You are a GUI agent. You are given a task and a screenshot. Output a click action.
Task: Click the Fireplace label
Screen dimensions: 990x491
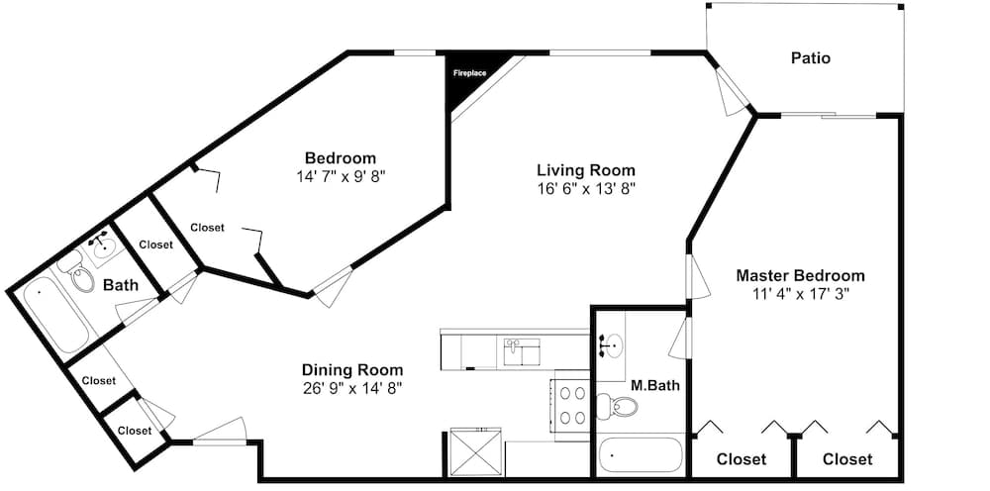tap(469, 73)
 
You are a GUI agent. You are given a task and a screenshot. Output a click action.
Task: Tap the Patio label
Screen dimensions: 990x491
tap(811, 58)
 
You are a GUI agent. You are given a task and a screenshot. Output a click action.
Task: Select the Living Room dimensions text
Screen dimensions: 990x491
tap(586, 188)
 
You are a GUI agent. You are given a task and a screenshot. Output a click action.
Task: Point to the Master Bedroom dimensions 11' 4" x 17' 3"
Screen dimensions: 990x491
tap(801, 293)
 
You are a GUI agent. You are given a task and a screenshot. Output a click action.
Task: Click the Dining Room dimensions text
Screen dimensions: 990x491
tap(352, 387)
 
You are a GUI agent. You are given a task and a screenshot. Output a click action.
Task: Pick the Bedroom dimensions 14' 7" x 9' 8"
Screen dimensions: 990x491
tap(341, 176)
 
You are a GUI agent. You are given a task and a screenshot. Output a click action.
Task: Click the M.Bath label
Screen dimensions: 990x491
tap(655, 385)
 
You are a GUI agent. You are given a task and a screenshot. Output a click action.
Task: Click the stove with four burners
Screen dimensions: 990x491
tap(572, 405)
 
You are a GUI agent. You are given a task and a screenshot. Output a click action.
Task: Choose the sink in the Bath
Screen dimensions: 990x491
tap(102, 246)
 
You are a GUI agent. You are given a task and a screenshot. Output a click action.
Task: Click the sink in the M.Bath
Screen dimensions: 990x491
tap(610, 345)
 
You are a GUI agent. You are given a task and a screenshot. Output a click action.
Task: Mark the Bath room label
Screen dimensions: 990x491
tap(121, 285)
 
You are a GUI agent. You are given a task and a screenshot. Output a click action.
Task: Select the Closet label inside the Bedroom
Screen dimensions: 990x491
tap(207, 228)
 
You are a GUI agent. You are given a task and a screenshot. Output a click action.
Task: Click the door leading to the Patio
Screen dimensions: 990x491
tap(733, 90)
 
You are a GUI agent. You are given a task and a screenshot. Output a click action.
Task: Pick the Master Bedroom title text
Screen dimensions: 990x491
tap(801, 276)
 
